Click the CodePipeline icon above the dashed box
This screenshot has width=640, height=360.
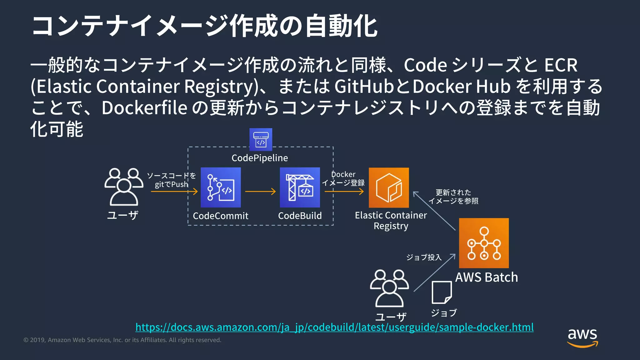tap(261, 139)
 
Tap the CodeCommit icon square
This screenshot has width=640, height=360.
tap(221, 187)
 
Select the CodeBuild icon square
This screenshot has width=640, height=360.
tap(300, 187)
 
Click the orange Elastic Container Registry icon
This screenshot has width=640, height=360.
tap(389, 187)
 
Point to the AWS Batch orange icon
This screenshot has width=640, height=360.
tap(484, 243)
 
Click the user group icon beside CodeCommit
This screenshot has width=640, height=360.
tap(124, 187)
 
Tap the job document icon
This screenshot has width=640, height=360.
tap(442, 292)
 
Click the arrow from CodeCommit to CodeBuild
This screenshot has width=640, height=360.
tap(260, 191)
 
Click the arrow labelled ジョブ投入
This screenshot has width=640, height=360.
tap(434, 272)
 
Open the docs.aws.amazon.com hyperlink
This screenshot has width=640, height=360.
tap(334, 327)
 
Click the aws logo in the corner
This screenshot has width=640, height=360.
tap(582, 337)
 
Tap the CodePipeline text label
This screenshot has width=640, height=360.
tap(260, 158)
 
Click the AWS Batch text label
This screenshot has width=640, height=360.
tap(486, 277)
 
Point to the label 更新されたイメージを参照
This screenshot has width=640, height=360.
tap(453, 197)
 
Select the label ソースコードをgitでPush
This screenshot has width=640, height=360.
tap(171, 180)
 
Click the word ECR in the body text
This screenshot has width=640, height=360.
tap(561, 65)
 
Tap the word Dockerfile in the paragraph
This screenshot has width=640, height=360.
tap(144, 108)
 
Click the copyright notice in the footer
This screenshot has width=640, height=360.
tap(122, 340)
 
